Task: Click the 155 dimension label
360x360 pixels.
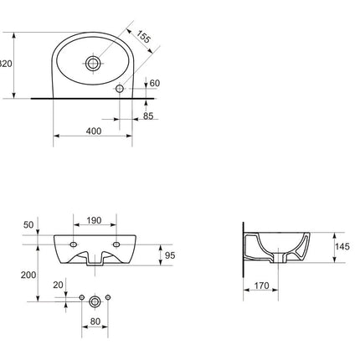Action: (x=144, y=36)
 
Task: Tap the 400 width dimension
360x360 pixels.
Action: (x=94, y=131)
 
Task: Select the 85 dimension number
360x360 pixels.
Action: (x=148, y=116)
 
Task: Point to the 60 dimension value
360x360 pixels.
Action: (x=155, y=83)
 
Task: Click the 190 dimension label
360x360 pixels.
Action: (x=94, y=220)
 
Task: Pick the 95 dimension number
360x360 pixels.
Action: (x=170, y=255)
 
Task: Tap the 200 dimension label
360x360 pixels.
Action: (x=28, y=275)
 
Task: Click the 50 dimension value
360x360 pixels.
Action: (x=28, y=224)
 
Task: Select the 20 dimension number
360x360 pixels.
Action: (x=58, y=285)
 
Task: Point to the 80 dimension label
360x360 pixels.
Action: (x=95, y=321)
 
